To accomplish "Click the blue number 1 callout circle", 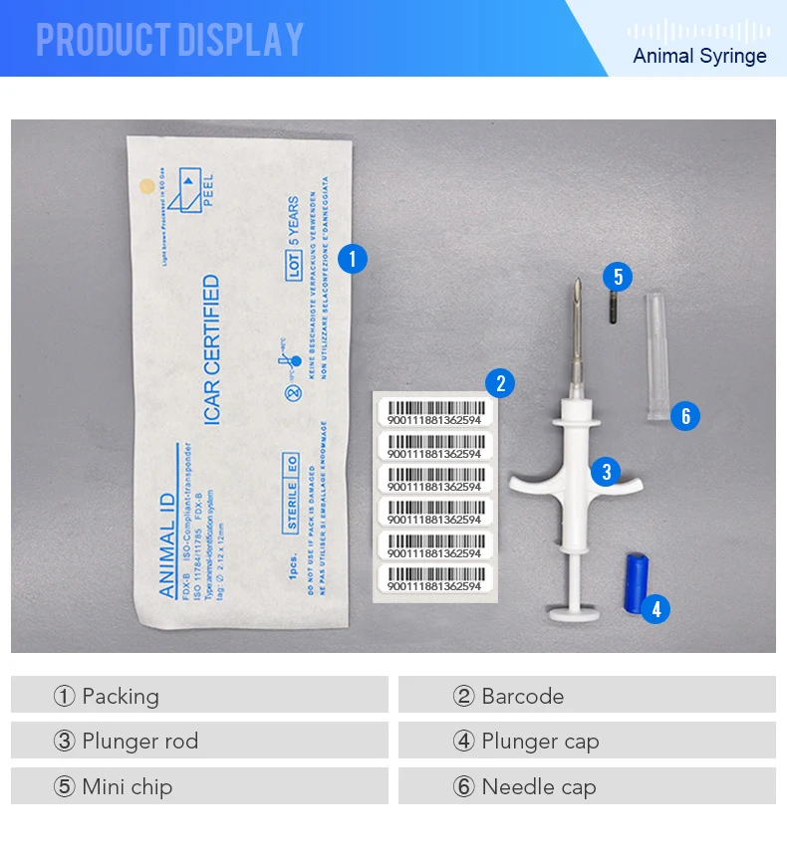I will [353, 260].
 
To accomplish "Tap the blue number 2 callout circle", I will [500, 382].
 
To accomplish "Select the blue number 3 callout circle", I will [606, 472].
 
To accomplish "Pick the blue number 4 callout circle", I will [655, 608].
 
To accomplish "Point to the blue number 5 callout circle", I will [618, 278].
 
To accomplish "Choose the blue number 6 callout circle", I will [685, 415].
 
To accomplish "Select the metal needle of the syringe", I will [575, 338].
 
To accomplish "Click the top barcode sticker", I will [436, 412].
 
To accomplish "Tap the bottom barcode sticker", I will [436, 579].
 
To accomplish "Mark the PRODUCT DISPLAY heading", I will [169, 40].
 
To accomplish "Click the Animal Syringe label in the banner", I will [699, 56].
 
